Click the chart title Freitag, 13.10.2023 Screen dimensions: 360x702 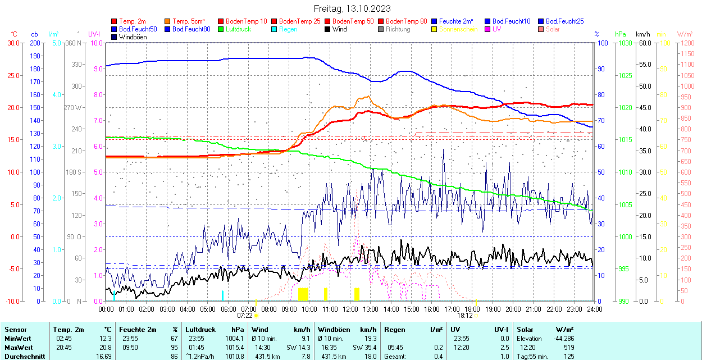(352, 8)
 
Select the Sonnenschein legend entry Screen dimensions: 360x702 (458, 29)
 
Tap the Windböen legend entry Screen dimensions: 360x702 (133, 37)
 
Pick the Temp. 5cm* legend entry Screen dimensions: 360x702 (189, 21)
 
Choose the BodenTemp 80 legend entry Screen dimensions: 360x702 (406, 21)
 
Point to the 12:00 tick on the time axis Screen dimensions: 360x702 (350, 309)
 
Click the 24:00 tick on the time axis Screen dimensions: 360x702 (594, 309)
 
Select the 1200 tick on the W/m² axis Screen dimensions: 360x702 (687, 43)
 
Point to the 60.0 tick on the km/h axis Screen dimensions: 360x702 (644, 43)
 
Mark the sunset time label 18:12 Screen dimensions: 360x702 (465, 316)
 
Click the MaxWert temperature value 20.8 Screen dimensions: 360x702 (106, 347)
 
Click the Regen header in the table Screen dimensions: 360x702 (394, 330)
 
